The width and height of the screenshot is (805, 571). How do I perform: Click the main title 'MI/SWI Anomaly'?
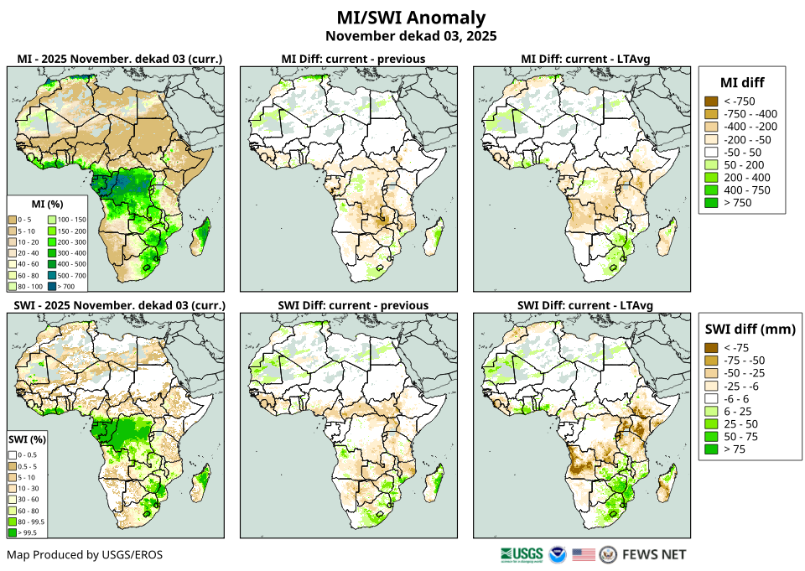(x=411, y=18)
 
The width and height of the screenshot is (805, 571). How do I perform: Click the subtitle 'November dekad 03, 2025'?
(x=411, y=36)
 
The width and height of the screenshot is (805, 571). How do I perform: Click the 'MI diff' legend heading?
(x=741, y=81)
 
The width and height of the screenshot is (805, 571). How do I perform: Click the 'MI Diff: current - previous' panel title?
(x=352, y=59)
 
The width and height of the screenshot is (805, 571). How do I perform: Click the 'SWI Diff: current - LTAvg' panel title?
(x=585, y=305)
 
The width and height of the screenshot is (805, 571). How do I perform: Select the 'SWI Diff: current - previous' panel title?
(x=352, y=305)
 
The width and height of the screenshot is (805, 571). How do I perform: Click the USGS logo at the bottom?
(x=521, y=554)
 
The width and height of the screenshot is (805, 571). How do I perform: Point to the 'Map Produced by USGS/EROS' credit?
(x=85, y=555)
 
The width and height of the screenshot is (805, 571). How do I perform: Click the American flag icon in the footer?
(x=584, y=554)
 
